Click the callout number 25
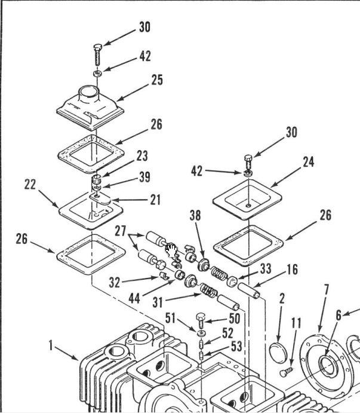(157, 80)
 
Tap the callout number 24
(308, 162)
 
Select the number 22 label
(31, 185)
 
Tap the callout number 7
(326, 290)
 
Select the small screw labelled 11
(285, 372)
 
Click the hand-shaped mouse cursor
(171, 250)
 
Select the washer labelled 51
(201, 332)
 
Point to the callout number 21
(155, 200)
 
